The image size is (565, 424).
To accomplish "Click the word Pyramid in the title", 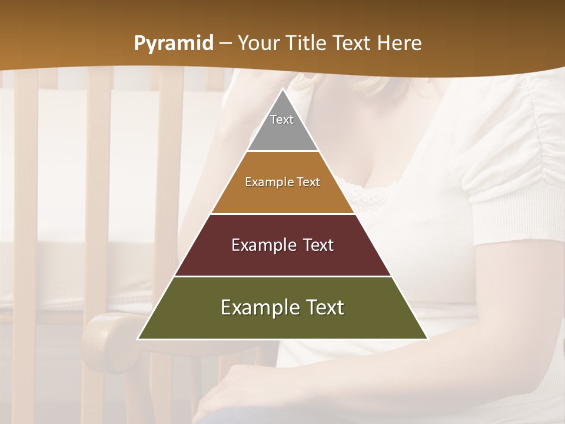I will pyautogui.click(x=173, y=44).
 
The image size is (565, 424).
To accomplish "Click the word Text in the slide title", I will pyautogui.click(x=352, y=44).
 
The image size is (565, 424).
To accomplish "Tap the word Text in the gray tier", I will pyautogui.click(x=282, y=120).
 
